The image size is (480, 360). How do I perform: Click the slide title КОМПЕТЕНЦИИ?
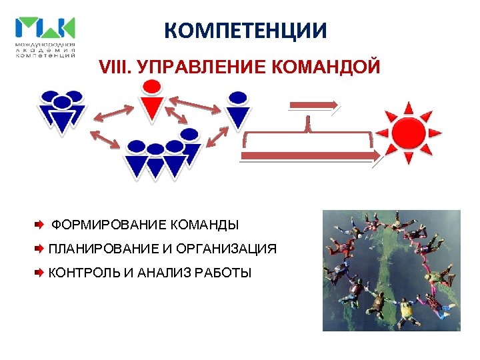coord(246,31)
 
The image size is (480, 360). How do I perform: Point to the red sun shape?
coord(409,131)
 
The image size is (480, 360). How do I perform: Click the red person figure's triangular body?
coord(153,108)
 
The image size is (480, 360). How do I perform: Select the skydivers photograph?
coord(391,271)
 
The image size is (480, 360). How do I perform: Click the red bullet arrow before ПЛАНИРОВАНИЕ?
coord(39,249)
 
